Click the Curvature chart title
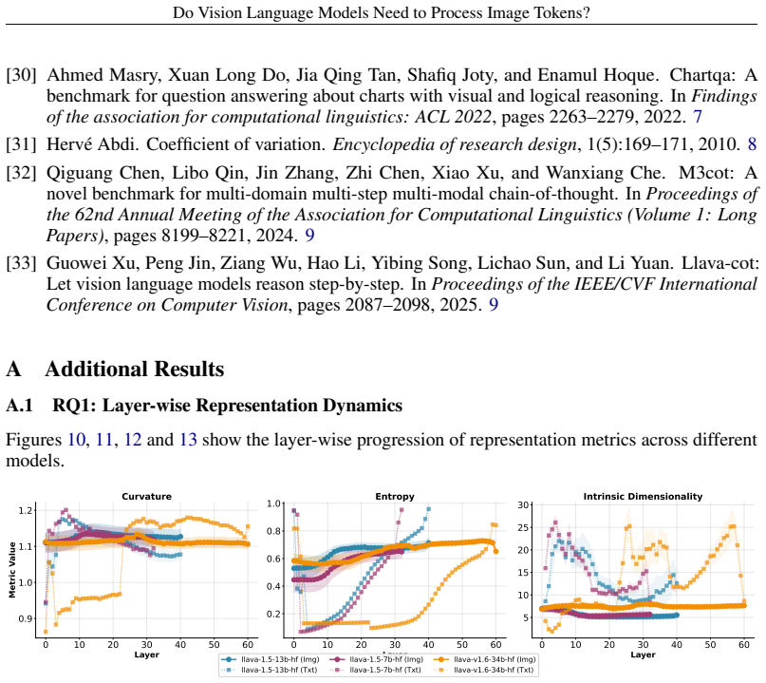(146, 496)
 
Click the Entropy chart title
(395, 497)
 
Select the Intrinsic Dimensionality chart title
(643, 497)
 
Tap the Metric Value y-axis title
(12, 570)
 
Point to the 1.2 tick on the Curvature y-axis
(25, 510)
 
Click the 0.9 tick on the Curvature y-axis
(25, 619)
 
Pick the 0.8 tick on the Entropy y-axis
(273, 531)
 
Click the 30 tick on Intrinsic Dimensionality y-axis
(523, 505)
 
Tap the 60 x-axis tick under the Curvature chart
(248, 645)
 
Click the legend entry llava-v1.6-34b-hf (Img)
(486, 659)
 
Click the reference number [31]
(21, 144)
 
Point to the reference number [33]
(21, 263)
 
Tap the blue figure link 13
(188, 440)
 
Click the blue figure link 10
(76, 440)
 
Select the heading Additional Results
(135, 370)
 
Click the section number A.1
(20, 406)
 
